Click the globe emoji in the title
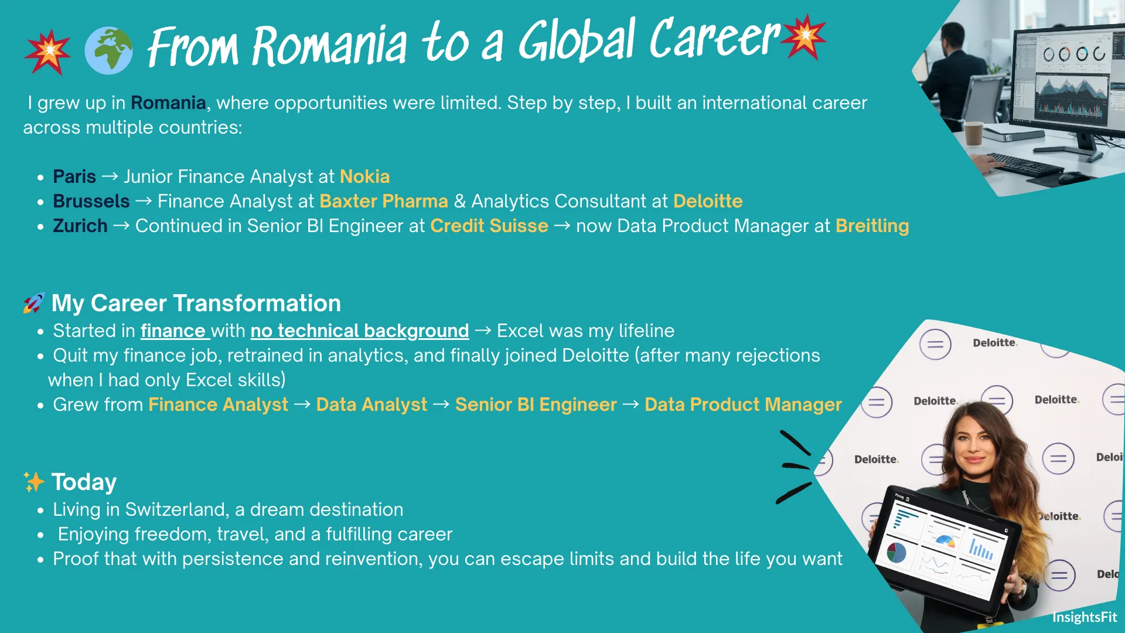tap(108, 50)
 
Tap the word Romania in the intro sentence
tap(168, 103)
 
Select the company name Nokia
tap(364, 176)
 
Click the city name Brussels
tap(91, 201)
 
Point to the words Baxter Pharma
tap(384, 201)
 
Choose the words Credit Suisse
tap(489, 226)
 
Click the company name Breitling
tap(872, 226)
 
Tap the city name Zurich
tap(80, 226)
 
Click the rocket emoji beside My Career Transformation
tap(34, 303)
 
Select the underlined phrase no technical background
tap(360, 331)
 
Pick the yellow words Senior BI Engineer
tap(536, 404)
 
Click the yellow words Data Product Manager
tap(743, 404)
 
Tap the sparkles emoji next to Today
tap(34, 482)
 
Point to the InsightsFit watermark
tap(1085, 617)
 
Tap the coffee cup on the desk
tap(973, 133)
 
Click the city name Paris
tap(74, 176)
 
